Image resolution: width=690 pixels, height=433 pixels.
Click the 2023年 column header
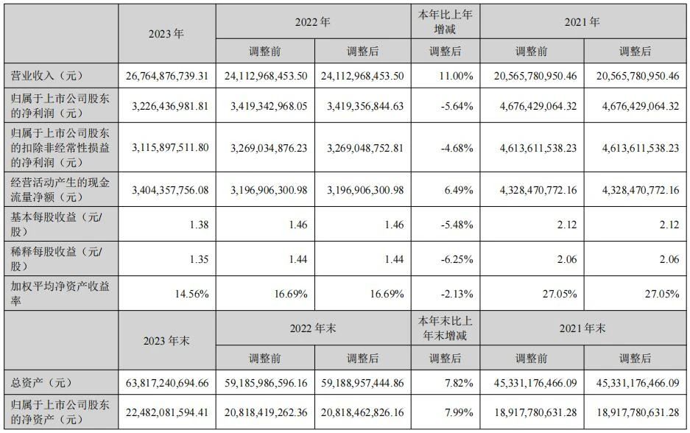[166, 33]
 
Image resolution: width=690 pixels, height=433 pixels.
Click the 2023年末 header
[166, 341]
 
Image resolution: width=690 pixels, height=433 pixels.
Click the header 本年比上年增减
[446, 21]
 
